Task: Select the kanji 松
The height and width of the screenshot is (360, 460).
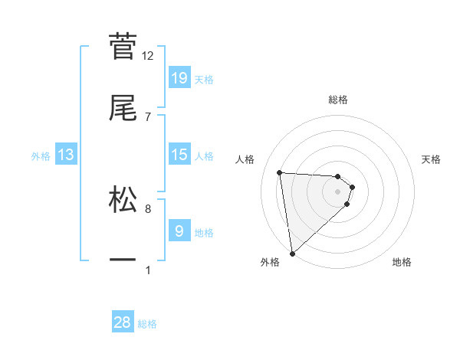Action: (x=123, y=198)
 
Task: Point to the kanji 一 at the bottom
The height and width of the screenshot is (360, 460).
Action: (x=123, y=260)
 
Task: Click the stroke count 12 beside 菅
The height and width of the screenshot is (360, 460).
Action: (x=148, y=55)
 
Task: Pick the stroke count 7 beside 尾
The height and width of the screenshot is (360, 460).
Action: (x=148, y=116)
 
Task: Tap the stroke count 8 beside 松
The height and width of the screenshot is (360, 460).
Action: (x=148, y=208)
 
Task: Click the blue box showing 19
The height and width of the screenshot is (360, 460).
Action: (x=179, y=77)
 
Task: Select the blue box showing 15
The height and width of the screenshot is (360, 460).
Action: (x=179, y=155)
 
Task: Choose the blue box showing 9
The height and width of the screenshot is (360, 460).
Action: (x=179, y=231)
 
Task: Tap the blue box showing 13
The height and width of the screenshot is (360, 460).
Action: (x=66, y=155)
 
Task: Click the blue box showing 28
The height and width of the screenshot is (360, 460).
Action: (x=123, y=322)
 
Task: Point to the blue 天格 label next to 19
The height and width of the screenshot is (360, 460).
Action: (x=204, y=79)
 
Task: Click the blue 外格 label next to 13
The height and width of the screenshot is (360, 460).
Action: (x=41, y=155)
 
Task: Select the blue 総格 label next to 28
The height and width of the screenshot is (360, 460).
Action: (x=147, y=324)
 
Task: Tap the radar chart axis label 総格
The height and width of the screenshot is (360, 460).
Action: (x=338, y=100)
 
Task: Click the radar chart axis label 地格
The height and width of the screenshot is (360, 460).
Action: (x=402, y=262)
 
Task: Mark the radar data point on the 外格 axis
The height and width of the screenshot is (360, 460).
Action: (x=292, y=253)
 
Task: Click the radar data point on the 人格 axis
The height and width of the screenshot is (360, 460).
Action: (x=280, y=172)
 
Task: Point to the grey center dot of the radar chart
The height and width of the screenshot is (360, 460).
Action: (x=338, y=191)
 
